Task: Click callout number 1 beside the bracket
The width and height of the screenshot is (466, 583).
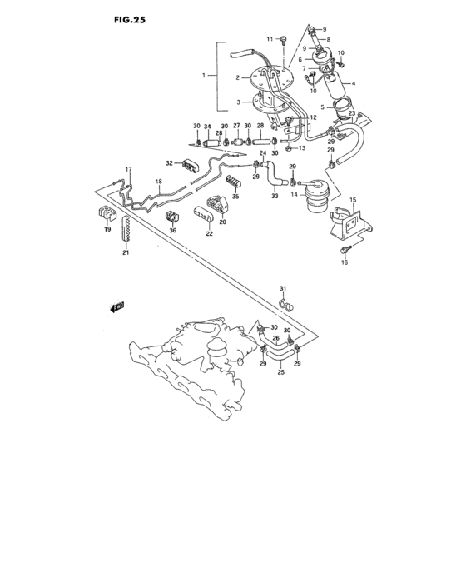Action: (x=203, y=76)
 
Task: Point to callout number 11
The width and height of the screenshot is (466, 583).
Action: (x=270, y=39)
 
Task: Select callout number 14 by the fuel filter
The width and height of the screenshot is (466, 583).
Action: (x=294, y=194)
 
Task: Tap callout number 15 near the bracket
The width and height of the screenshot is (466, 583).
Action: (x=353, y=201)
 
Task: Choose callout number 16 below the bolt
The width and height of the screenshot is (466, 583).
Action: (x=345, y=262)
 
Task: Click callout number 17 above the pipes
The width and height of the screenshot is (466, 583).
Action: (x=129, y=170)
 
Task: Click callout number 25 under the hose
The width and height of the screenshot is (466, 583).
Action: (x=280, y=371)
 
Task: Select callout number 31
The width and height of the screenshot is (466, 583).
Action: (x=282, y=289)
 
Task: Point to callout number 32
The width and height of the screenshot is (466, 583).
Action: (x=169, y=163)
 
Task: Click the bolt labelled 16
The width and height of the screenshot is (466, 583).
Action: (x=347, y=248)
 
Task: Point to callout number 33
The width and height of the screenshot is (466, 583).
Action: (x=274, y=196)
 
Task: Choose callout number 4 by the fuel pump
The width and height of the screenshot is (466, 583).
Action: (x=353, y=83)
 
